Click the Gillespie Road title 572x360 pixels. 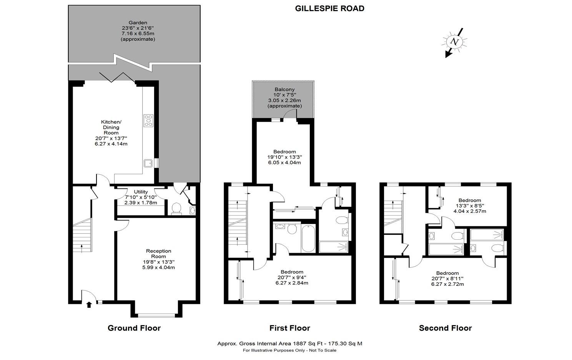coord(330,8)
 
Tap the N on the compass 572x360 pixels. coord(454,41)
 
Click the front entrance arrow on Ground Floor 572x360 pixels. coord(89,305)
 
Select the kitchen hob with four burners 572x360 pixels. coord(148,121)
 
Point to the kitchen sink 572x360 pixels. coord(148,163)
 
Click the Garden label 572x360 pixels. coord(138,23)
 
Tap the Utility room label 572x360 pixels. coord(141,192)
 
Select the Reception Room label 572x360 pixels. coord(159,254)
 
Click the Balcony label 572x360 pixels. coord(284,90)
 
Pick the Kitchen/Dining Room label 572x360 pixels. coord(111,127)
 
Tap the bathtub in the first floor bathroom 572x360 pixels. coord(308,239)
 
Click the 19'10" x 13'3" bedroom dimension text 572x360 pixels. coord(284,157)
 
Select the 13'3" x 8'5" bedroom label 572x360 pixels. coord(470,206)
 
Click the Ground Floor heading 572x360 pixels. coord(134,328)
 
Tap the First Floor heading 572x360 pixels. coord(290,328)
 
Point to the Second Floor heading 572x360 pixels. coord(446,328)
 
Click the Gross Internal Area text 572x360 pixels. coord(290,343)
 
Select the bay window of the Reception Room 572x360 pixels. coord(156,315)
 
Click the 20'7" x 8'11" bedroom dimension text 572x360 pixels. coord(447,279)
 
